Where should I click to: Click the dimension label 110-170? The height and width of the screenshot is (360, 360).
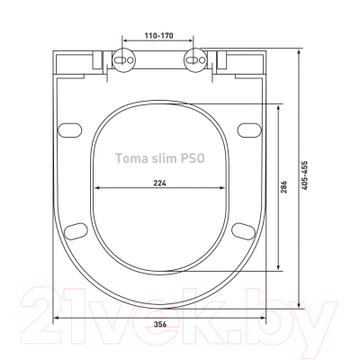pos(159,36)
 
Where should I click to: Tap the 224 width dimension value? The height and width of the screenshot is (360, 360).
pos(160,183)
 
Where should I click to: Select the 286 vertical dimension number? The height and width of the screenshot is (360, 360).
pos(284,187)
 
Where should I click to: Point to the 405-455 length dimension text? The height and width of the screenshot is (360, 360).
pos(304,175)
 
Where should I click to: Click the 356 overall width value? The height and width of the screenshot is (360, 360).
pos(160,324)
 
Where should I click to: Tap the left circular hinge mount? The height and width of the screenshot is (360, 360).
pos(123,59)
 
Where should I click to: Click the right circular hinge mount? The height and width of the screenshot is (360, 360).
pos(195,59)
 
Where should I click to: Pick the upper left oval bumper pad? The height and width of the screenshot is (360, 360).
pos(70,130)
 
